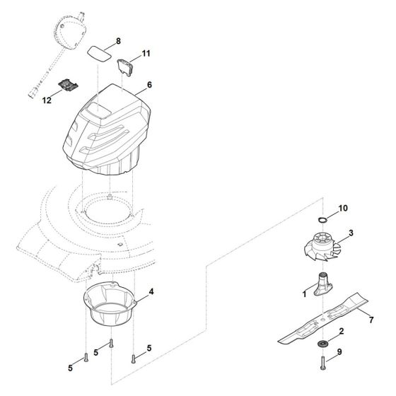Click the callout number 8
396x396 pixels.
(118, 41)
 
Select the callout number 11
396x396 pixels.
(146, 54)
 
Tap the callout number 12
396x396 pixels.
(47, 100)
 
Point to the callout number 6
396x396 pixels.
(149, 85)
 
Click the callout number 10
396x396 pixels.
(343, 208)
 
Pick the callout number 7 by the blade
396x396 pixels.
(371, 320)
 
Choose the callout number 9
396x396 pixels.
(339, 351)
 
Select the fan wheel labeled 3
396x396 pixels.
(323, 246)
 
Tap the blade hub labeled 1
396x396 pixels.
(322, 284)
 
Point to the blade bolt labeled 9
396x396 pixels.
(322, 363)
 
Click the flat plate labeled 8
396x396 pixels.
(99, 54)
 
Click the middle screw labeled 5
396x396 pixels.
(111, 344)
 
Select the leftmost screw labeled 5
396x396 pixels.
(86, 358)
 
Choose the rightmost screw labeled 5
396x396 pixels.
(134, 359)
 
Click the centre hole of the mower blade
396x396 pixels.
(323, 320)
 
